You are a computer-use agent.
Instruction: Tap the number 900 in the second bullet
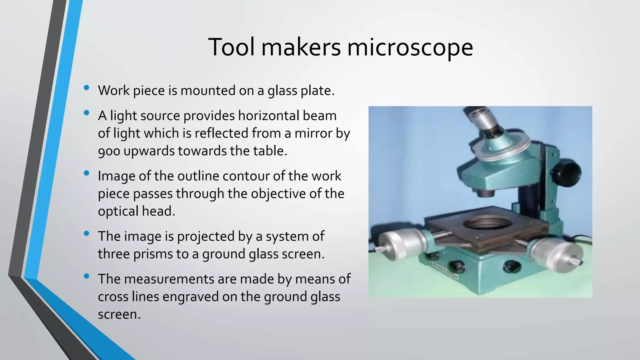pyautogui.click(x=109, y=151)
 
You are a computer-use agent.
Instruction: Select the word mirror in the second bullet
pyautogui.click(x=313, y=133)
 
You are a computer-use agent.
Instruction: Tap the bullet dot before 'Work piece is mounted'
pyautogui.click(x=87, y=88)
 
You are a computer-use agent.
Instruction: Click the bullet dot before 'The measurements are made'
pyautogui.click(x=87, y=276)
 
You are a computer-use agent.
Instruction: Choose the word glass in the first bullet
pyautogui.click(x=282, y=91)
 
